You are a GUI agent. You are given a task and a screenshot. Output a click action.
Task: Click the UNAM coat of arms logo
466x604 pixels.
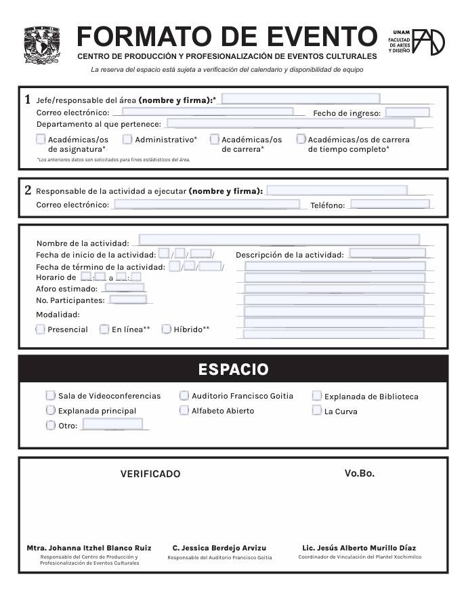tap(42, 45)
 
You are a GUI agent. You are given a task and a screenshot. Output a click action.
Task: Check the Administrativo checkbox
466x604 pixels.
tap(127, 140)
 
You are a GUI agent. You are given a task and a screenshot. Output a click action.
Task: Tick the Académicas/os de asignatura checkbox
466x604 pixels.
tap(41, 140)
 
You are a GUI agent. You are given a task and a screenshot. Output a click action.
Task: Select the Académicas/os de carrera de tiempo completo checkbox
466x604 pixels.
tap(301, 140)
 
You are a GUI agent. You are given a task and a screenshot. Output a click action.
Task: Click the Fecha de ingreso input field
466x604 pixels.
tap(407, 113)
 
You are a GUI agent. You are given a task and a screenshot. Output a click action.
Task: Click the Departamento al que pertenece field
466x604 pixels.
tap(290, 123)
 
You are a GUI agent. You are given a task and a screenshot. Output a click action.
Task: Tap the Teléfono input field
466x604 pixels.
tap(389, 204)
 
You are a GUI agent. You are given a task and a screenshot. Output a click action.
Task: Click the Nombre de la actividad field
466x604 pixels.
tap(278, 240)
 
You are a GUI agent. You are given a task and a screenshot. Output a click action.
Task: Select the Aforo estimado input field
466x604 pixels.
tap(124, 288)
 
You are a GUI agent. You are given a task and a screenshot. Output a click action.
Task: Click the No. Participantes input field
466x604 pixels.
tap(127, 300)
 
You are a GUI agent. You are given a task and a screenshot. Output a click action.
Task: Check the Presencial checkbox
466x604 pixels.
tap(41, 329)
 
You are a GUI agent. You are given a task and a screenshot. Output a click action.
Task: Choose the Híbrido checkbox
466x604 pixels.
tap(166, 329)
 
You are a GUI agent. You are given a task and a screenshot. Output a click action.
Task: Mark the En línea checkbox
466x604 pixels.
tap(104, 329)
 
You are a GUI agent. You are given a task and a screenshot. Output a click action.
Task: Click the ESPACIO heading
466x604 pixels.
tap(233, 369)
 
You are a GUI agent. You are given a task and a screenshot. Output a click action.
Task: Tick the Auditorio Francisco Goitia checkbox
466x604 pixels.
tap(184, 395)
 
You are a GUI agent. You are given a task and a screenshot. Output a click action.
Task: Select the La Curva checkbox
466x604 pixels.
tap(316, 411)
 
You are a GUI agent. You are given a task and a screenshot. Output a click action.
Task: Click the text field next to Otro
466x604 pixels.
tap(112, 424)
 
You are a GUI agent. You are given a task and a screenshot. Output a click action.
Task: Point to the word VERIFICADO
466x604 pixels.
tap(150, 474)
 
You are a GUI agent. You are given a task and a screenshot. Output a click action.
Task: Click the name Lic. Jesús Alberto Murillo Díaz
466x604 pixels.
tap(359, 548)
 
